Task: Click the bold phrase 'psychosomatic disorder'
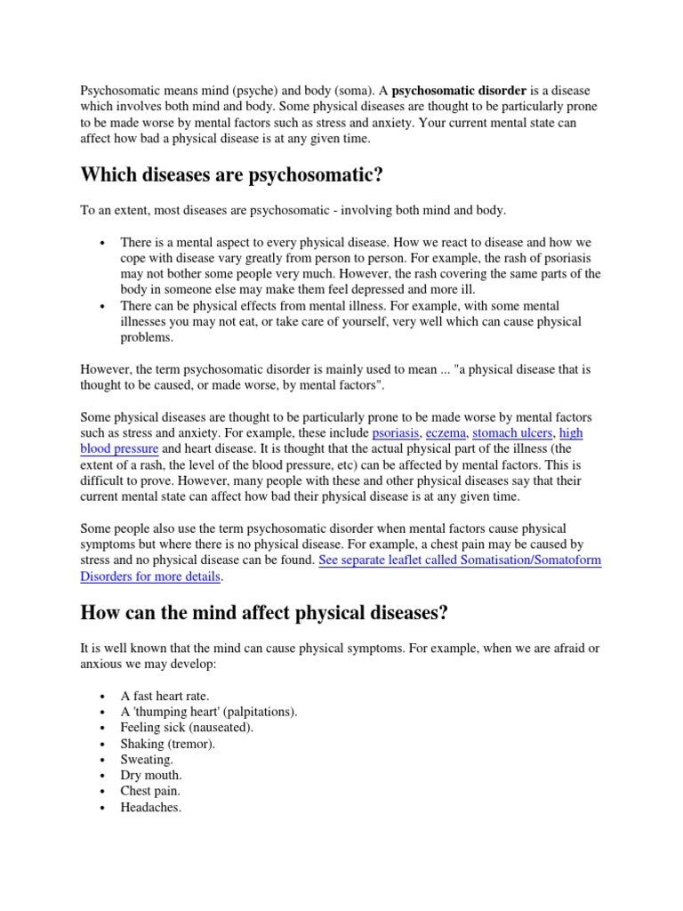point(459,91)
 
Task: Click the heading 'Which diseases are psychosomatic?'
point(231,174)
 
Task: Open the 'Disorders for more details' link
point(150,576)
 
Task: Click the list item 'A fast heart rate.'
point(165,696)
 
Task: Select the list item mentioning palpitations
point(209,712)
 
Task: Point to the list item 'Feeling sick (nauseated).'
point(187,728)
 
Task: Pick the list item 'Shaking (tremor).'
point(168,744)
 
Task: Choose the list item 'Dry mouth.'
point(151,776)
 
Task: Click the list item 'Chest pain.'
point(150,792)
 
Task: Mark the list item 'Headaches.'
point(151,808)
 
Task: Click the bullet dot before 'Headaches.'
point(104,809)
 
